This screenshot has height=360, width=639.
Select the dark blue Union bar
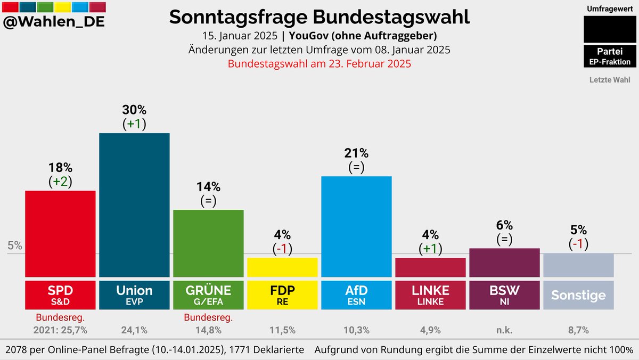click(x=134, y=204)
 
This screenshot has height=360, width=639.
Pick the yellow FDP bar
click(x=282, y=267)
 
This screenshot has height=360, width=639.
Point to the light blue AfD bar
click(x=356, y=226)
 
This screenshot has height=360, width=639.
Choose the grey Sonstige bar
click(x=578, y=265)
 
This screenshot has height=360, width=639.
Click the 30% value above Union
click(x=134, y=110)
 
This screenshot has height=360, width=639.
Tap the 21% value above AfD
click(x=356, y=153)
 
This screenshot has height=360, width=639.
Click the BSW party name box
click(x=504, y=295)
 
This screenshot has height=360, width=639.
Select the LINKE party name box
click(x=430, y=295)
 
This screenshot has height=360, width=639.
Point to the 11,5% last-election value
click(x=282, y=330)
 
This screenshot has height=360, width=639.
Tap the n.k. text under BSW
click(x=504, y=330)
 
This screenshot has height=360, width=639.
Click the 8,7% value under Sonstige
click(x=578, y=330)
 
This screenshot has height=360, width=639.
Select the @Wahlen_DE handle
click(x=54, y=22)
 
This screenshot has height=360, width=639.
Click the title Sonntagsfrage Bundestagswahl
click(x=319, y=17)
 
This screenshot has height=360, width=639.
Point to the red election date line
click(x=319, y=64)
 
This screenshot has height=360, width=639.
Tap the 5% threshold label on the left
click(x=15, y=246)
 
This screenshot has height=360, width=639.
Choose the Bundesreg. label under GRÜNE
click(x=208, y=318)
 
